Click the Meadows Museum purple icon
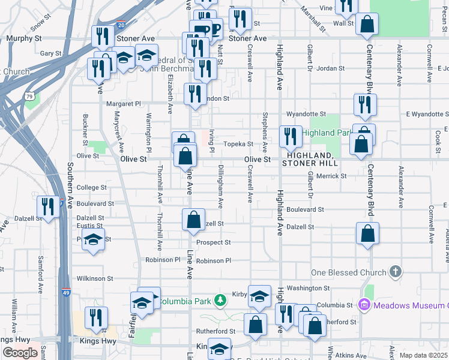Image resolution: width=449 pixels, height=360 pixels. [364, 305]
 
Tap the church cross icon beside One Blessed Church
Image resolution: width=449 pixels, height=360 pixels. [395, 272]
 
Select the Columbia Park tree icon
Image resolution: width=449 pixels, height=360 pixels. [221, 299]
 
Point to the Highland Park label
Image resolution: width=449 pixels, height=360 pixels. [326, 133]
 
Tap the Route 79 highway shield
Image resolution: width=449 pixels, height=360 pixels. [29, 95]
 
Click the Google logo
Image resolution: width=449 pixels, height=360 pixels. [20, 353]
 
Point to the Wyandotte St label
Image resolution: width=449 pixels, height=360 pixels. [306, 113]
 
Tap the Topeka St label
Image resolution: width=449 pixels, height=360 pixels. [238, 144]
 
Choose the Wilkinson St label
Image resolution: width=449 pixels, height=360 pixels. [95, 278]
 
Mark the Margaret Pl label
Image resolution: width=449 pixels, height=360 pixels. [122, 103]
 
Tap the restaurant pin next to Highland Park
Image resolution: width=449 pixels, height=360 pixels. [289, 137]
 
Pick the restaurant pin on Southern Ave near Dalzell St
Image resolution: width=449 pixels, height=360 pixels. [47, 207]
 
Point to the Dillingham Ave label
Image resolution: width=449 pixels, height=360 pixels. [220, 187]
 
